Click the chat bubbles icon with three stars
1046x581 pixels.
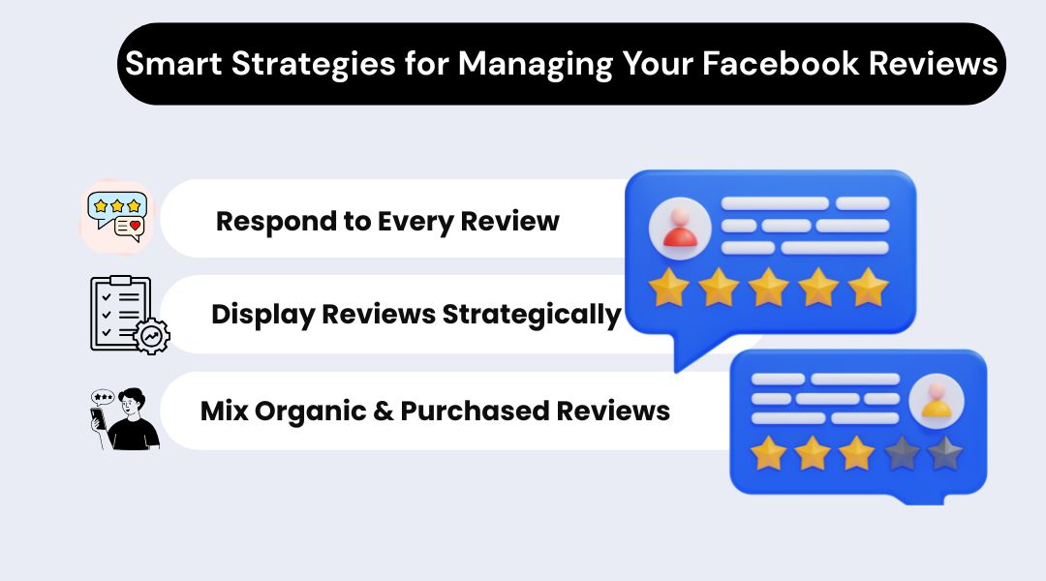116,215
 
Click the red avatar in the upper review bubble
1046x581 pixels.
681,229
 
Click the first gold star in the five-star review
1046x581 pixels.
667,288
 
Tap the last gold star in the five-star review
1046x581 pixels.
868,288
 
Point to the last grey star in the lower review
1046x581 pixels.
944,452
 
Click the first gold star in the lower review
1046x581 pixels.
769,452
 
